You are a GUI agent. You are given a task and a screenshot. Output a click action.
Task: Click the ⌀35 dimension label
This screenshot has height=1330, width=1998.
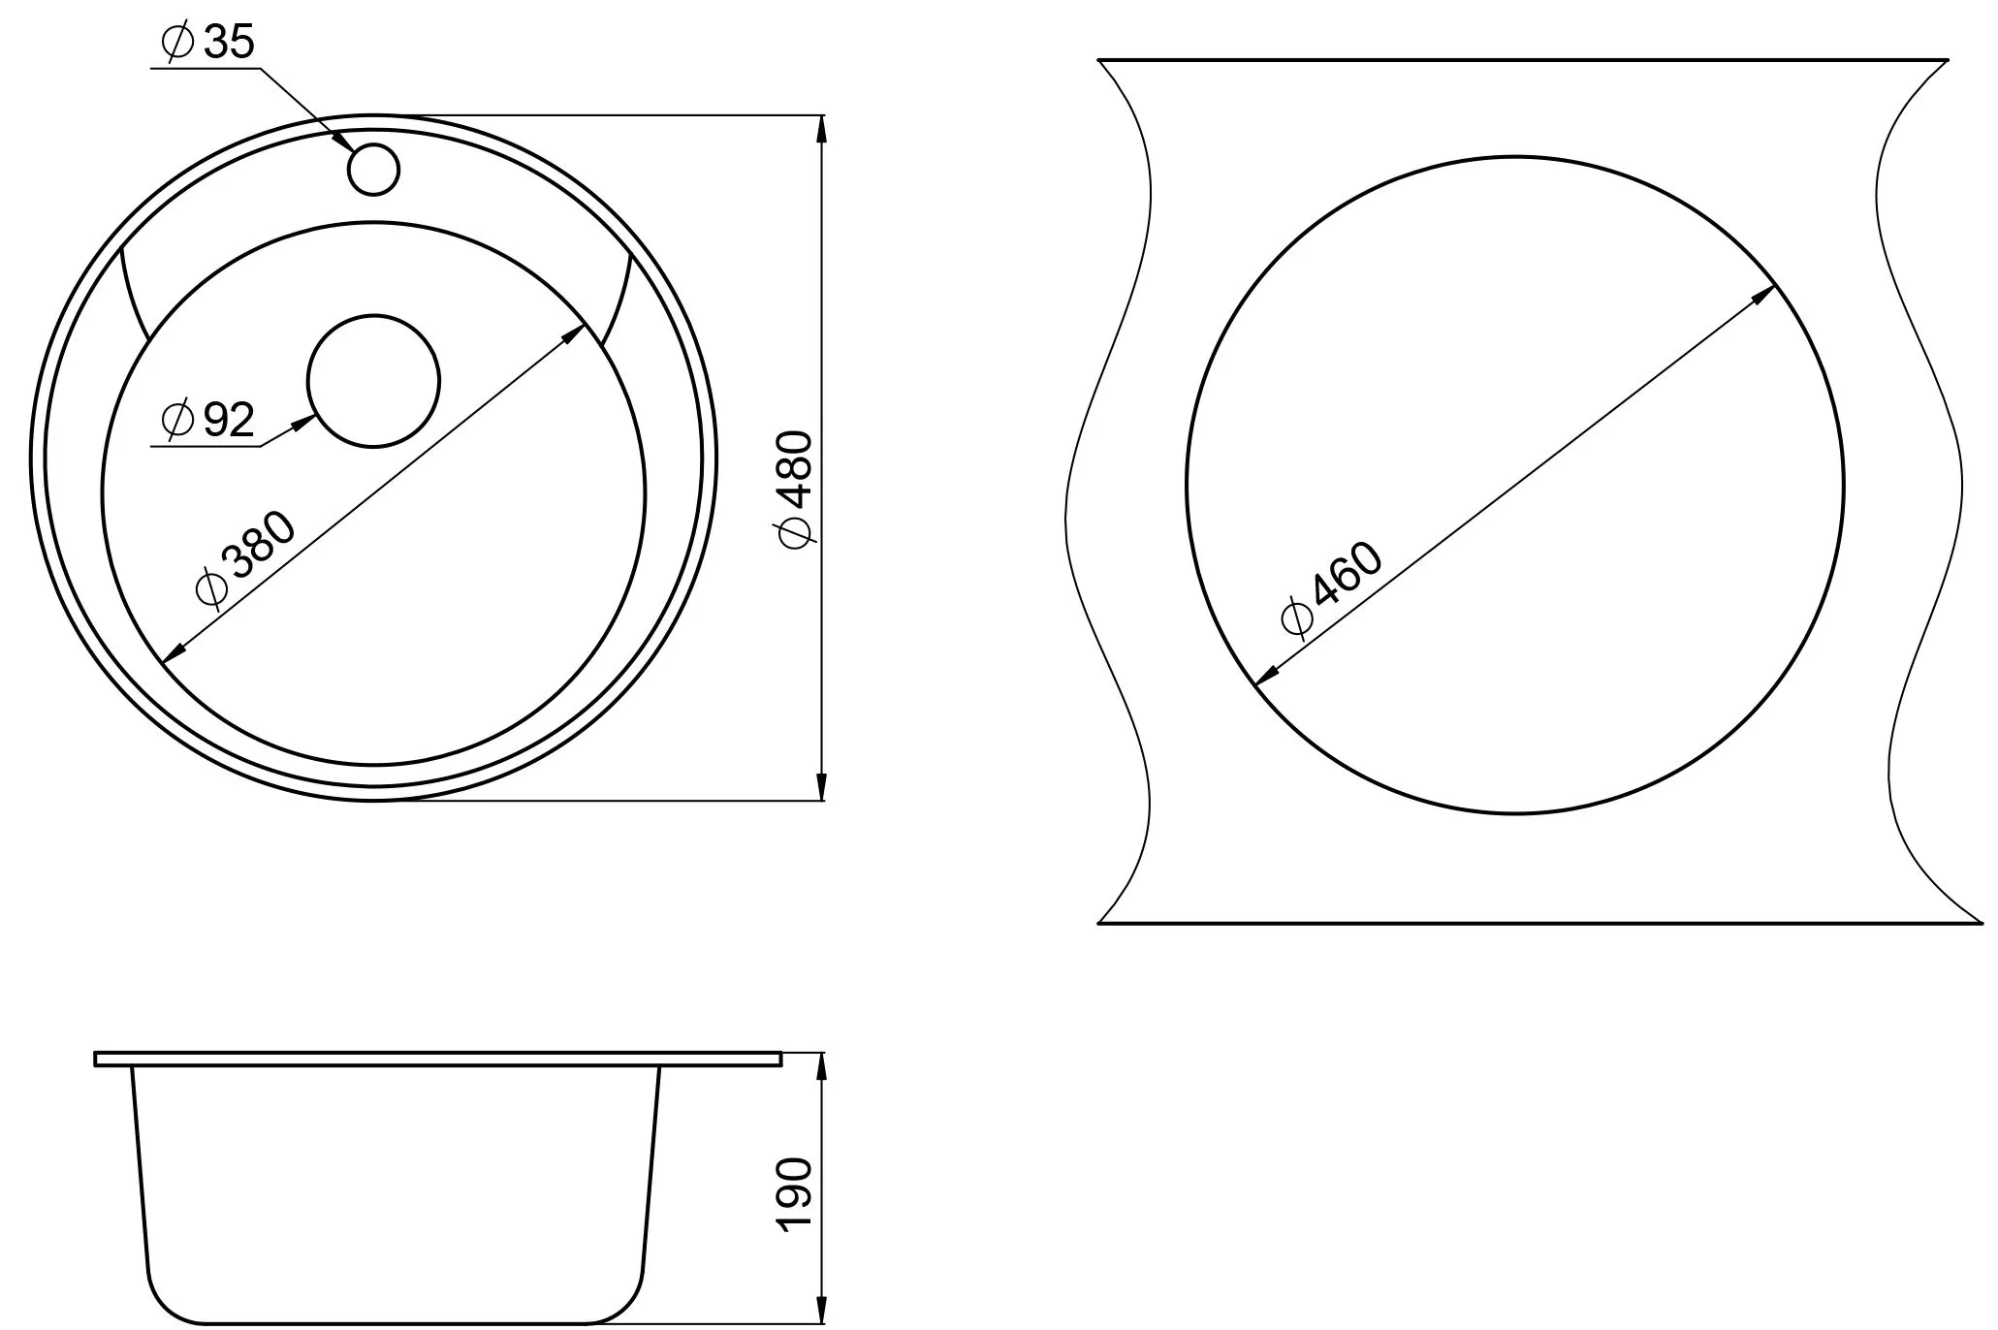coord(208,42)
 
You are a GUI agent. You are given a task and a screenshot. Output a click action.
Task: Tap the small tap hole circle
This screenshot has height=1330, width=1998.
coord(373,169)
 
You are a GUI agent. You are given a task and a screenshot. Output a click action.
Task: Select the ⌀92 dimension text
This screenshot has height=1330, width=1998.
coord(207,420)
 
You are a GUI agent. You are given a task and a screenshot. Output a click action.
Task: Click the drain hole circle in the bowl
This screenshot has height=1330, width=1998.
coord(373,381)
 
